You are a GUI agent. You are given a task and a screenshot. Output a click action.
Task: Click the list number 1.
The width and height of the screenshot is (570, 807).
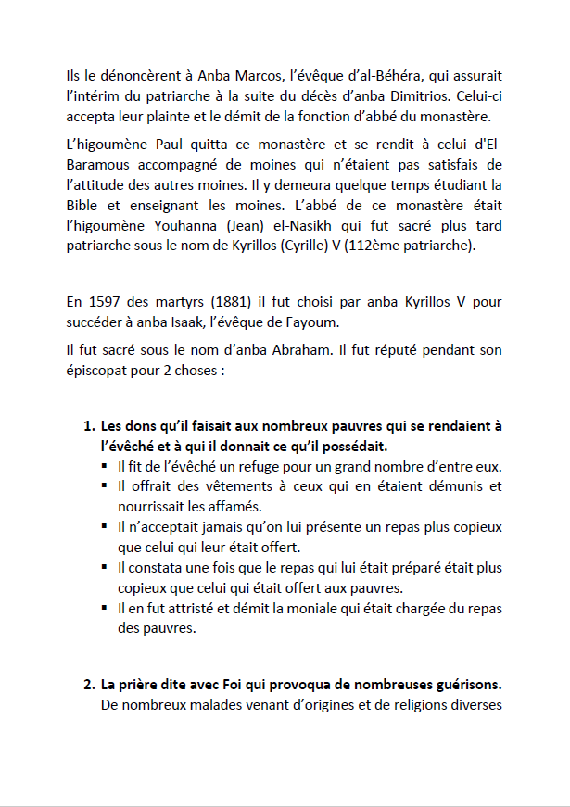pyautogui.click(x=89, y=426)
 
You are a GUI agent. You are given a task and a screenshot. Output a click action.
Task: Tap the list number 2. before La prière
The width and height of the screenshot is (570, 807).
pyautogui.click(x=89, y=686)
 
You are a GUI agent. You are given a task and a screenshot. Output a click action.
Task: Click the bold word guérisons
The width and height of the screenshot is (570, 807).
pyautogui.click(x=464, y=686)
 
